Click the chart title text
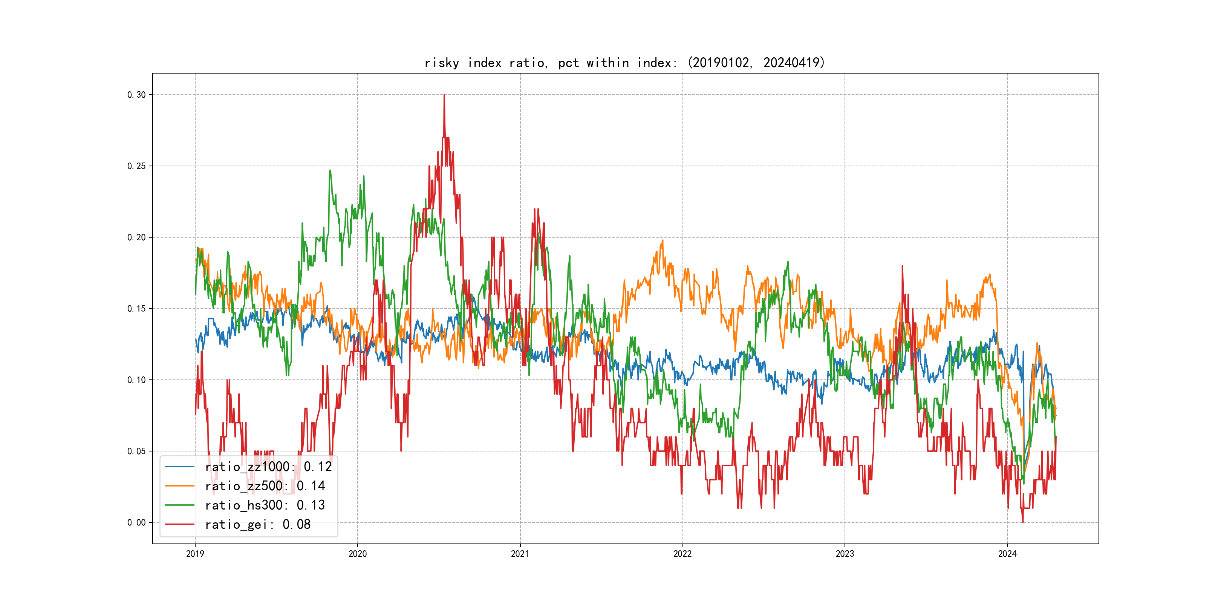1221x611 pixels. [x=624, y=63]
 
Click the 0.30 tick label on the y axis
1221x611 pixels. [x=136, y=95]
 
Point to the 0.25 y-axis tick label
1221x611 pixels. [x=136, y=166]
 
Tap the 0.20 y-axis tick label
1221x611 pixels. [x=136, y=237]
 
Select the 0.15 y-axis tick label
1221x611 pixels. [x=136, y=309]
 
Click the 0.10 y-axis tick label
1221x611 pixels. [x=136, y=380]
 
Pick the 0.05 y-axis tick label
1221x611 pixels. [x=136, y=451]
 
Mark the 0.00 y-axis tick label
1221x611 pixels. [x=136, y=522]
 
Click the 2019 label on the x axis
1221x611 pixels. [x=195, y=554]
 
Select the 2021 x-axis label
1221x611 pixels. [x=520, y=554]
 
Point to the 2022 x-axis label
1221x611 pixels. [x=682, y=554]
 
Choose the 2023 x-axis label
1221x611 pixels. [x=845, y=554]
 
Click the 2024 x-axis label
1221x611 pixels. [x=1007, y=554]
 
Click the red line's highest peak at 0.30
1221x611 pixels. [x=444, y=95]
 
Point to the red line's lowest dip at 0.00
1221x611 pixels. [x=1023, y=522]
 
